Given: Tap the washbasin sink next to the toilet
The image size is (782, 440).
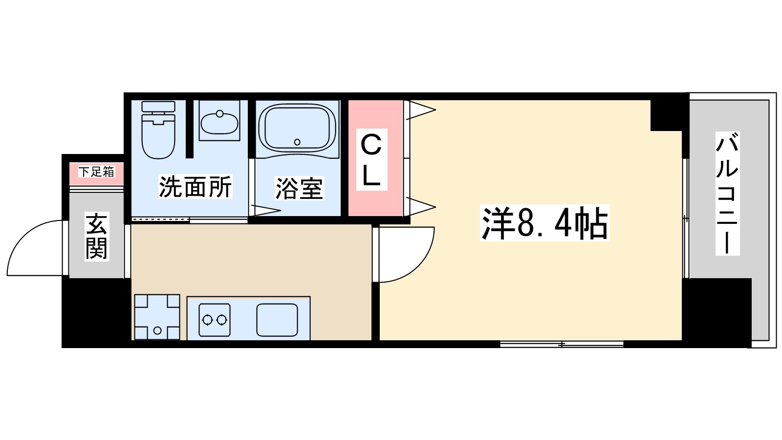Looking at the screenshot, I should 219,121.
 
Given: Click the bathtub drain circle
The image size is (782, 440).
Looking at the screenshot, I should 297,142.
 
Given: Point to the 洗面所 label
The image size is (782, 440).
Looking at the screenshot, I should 195,186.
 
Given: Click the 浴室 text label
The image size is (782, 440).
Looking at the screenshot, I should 299,188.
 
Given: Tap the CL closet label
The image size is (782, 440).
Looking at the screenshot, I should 371,159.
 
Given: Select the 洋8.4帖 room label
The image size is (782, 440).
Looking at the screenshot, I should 544,223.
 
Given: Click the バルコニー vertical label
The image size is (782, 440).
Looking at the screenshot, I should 727,193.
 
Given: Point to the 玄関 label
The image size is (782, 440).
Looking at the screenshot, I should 96,236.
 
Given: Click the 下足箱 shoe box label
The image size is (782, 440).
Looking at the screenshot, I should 96,172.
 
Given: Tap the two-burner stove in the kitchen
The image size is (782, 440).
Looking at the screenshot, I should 215,320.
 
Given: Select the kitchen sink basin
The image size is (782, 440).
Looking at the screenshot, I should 277,320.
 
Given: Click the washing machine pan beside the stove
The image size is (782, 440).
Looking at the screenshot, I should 157,317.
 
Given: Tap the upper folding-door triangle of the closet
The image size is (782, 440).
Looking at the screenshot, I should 420,110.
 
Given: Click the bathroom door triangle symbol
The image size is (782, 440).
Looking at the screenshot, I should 264,211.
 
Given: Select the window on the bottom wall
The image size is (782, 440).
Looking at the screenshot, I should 562,344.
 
